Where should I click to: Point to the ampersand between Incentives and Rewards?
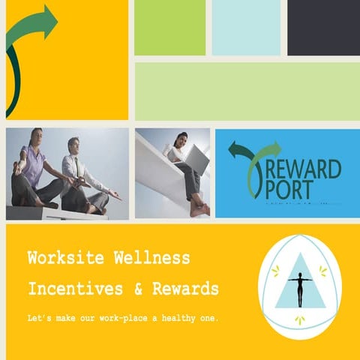click(137, 289)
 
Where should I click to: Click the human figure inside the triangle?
click(300, 288)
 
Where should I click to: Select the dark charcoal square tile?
click(323, 28)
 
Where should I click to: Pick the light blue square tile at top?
click(246, 28)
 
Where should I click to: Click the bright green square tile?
click(169, 28)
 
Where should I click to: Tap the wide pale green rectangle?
click(246, 91)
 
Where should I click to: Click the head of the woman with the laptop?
click(181, 139)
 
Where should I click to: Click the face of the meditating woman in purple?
click(38, 137)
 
